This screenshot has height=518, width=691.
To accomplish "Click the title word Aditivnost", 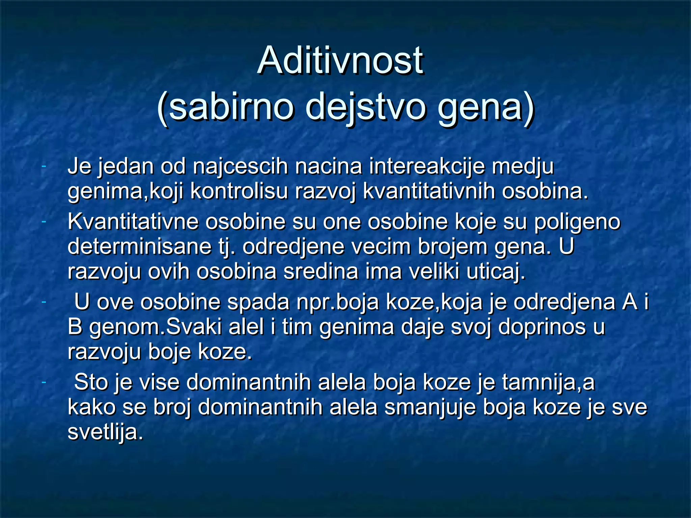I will [340, 61].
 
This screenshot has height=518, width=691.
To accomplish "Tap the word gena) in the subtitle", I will [486, 107].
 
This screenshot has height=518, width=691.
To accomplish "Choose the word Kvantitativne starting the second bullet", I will [133, 222].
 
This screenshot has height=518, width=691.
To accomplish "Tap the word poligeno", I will [577, 223].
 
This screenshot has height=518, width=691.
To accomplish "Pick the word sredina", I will [321, 271].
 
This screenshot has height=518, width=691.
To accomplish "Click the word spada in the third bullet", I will [258, 302].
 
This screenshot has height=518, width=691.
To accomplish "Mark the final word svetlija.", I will [105, 432].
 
